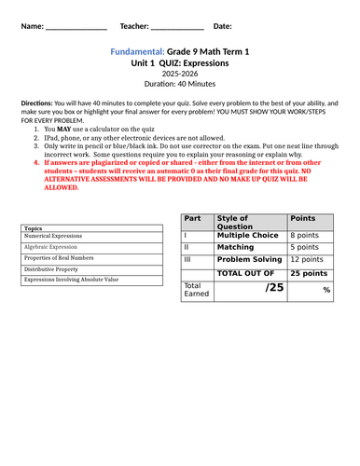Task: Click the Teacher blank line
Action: point(177,26)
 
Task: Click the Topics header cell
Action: point(34,227)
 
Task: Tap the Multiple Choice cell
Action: point(247,236)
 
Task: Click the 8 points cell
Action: point(305,236)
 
